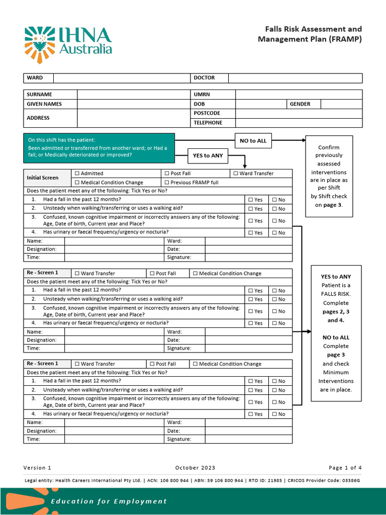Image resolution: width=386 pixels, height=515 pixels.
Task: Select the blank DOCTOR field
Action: (295, 78)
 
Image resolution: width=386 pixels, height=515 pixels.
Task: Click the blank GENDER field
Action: (341, 104)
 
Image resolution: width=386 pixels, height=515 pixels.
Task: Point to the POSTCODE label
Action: (207, 113)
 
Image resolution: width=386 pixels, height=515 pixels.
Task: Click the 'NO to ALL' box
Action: (253, 141)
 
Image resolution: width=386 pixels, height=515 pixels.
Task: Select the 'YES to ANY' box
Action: (208, 156)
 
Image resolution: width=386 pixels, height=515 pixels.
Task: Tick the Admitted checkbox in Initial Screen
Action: (77, 174)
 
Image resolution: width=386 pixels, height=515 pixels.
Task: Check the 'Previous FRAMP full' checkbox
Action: (167, 183)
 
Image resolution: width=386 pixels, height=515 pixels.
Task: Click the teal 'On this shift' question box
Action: (99, 147)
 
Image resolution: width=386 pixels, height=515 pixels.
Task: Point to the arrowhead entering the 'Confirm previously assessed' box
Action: (303, 141)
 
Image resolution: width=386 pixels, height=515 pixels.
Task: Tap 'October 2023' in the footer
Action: (195, 468)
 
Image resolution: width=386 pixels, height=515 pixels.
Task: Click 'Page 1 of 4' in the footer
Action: (345, 468)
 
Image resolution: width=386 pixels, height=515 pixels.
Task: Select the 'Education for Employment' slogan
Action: (109, 501)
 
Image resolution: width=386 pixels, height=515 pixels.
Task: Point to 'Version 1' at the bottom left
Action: (37, 468)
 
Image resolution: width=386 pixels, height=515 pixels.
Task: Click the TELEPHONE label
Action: (208, 123)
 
